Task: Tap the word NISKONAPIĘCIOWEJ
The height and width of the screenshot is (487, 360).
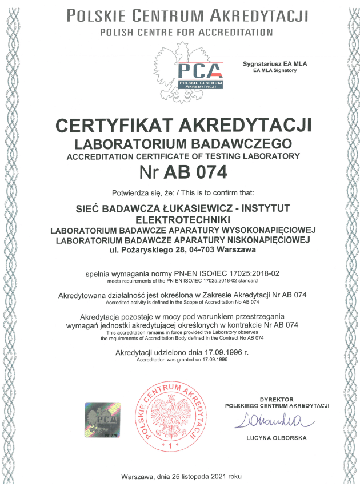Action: [258, 240]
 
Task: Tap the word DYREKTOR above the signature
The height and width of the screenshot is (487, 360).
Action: [277, 399]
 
